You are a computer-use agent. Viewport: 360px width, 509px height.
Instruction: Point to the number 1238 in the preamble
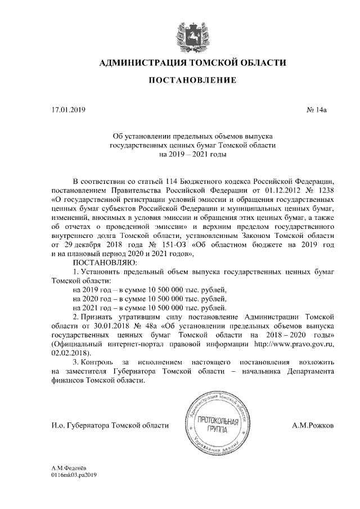click(325, 190)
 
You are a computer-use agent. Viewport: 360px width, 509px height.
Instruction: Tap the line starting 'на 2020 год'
click(150, 298)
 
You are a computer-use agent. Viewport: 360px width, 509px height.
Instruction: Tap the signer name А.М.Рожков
click(313, 426)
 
